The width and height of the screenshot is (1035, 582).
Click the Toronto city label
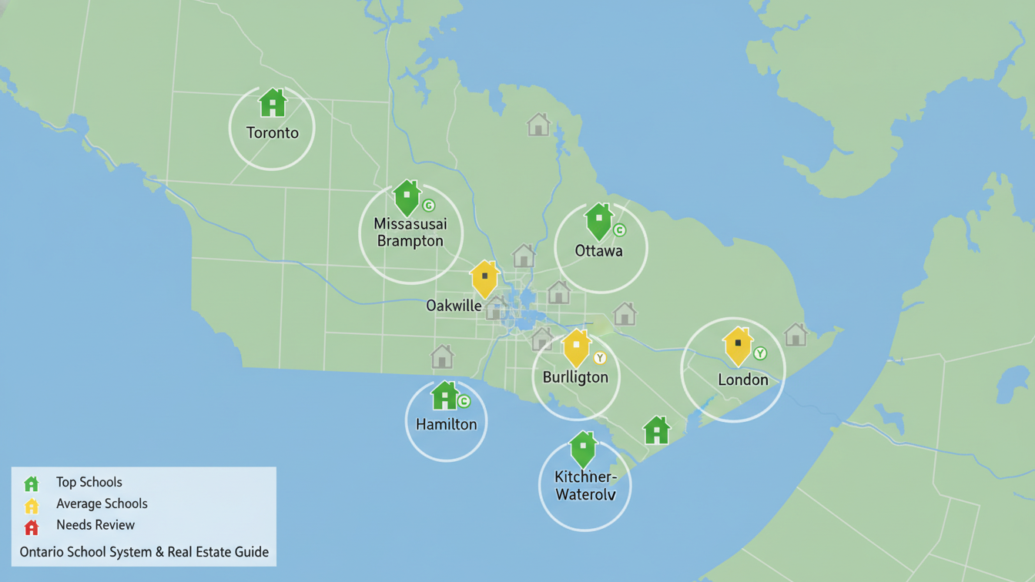pyautogui.click(x=272, y=132)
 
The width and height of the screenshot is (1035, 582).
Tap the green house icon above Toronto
pyautogui.click(x=273, y=103)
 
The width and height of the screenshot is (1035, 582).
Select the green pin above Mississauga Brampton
pyautogui.click(x=407, y=198)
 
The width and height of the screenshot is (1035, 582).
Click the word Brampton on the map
pyautogui.click(x=410, y=241)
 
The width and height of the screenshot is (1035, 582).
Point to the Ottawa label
pyautogui.click(x=598, y=251)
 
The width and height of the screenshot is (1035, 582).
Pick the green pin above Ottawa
pyautogui.click(x=599, y=221)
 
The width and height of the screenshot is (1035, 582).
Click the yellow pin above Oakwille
pyautogui.click(x=484, y=279)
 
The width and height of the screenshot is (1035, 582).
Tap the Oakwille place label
pyautogui.click(x=454, y=306)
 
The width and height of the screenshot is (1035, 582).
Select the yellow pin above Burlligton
pyautogui.click(x=576, y=347)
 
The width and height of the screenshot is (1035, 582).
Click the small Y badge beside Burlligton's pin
pyautogui.click(x=600, y=358)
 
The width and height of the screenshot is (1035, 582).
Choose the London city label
pyautogui.click(x=742, y=380)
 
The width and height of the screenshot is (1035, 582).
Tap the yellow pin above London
pyautogui.click(x=738, y=346)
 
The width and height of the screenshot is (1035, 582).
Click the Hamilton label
pyautogui.click(x=446, y=424)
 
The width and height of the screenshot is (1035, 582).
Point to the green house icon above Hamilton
pyautogui.click(x=444, y=396)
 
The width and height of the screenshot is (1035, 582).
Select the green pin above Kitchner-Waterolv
pyautogui.click(x=583, y=449)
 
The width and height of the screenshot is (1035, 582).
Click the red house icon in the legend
pyautogui.click(x=32, y=527)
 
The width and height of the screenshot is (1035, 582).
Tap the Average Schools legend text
pyautogui.click(x=102, y=503)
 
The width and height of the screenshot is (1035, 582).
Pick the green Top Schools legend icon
pyautogui.click(x=32, y=483)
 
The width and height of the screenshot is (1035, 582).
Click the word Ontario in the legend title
pyautogui.click(x=42, y=552)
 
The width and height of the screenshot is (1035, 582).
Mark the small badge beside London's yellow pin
pyautogui.click(x=760, y=353)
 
